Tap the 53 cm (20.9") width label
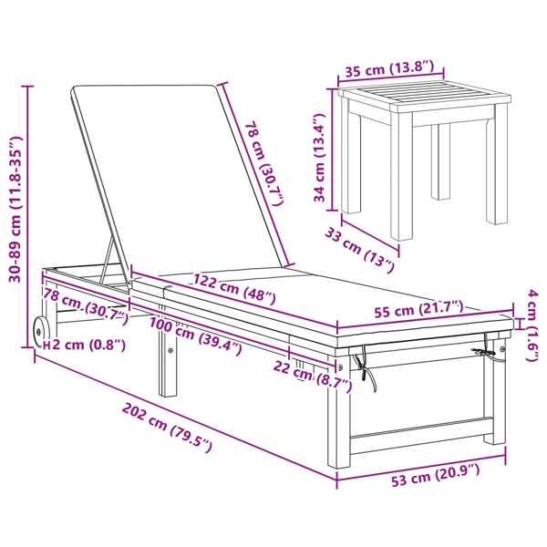pos(435,475)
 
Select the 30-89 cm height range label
pos(15,209)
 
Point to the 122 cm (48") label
pos(234,289)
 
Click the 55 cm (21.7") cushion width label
pos(418,309)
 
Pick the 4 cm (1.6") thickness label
pos(532,325)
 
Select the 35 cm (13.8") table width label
pos(389,68)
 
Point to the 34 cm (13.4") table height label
pos(319,158)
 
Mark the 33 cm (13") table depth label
pos(360,250)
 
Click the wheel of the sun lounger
pos(40,332)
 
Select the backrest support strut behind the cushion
pos(107,261)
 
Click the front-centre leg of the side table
pos(401,176)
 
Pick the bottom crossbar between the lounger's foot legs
pos(420,436)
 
